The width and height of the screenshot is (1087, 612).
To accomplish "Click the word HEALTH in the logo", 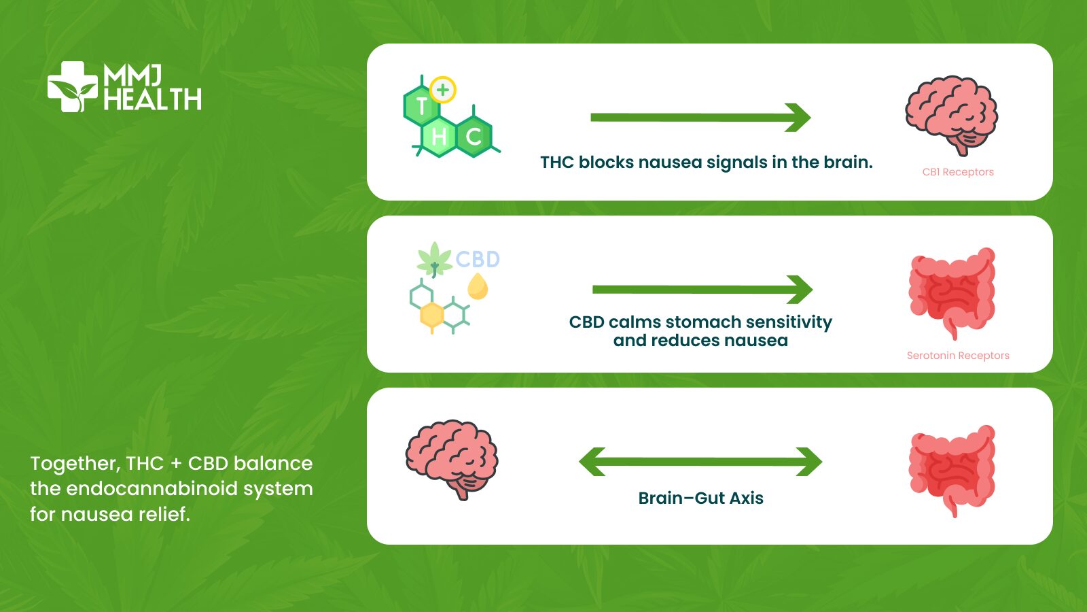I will (153, 100).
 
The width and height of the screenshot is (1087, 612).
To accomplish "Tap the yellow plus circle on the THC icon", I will (443, 89).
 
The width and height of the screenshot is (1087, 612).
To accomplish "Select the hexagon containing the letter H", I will (439, 137).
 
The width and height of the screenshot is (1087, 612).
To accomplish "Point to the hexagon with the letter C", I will (474, 137).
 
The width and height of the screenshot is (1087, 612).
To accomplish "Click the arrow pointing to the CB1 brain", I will (700, 118).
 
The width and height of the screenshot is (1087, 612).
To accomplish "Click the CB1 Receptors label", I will (958, 172).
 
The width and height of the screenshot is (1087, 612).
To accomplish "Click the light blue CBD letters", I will (478, 259).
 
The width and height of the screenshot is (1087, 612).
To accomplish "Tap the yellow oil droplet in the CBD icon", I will (478, 286).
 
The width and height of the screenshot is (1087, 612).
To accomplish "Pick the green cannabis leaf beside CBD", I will (434, 260).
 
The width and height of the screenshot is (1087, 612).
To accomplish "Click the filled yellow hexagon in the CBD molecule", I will (432, 315).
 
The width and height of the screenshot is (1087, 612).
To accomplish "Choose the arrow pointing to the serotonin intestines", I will (702, 290).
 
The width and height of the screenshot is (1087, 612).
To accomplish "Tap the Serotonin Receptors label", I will (958, 356).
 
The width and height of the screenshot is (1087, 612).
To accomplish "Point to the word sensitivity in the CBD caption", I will (789, 322).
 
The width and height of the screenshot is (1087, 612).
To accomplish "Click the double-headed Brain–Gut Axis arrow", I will (700, 462).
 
